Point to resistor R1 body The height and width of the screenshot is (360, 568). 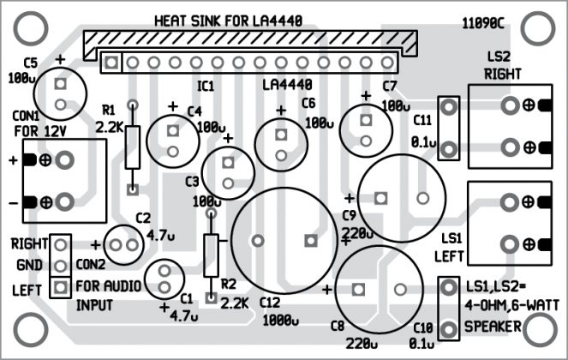click(132, 147)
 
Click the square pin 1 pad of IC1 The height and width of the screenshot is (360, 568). click(111, 63)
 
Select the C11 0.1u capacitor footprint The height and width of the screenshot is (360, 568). click(446, 128)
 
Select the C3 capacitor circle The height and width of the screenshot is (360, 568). click(226, 171)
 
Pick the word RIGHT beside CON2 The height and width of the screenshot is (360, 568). click(28, 244)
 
